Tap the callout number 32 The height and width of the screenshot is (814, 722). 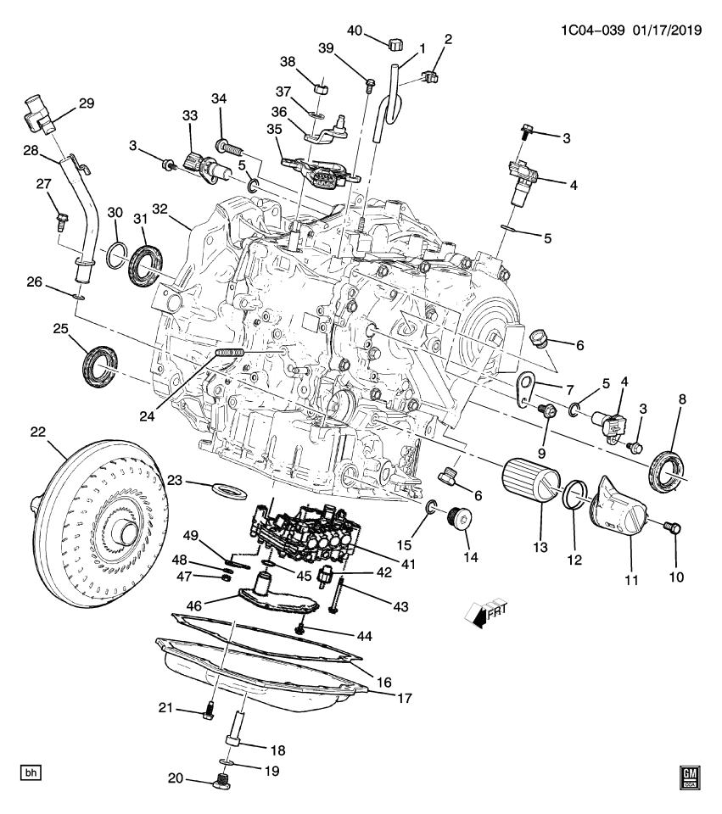click(x=161, y=209)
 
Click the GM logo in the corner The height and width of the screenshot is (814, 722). click(x=691, y=777)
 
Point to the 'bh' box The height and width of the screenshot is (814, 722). click(x=31, y=772)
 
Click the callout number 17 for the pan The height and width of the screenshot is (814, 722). click(x=404, y=699)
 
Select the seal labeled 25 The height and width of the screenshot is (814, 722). click(x=100, y=363)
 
